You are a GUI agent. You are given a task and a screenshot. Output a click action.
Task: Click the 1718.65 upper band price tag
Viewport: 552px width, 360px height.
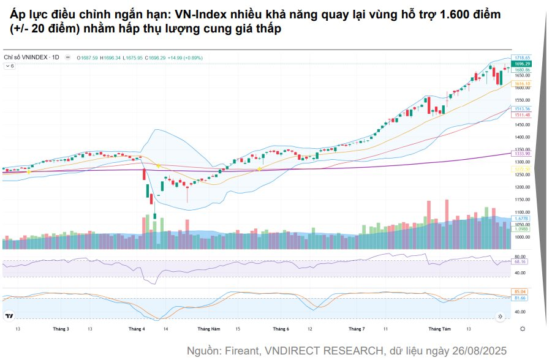coord(522,58)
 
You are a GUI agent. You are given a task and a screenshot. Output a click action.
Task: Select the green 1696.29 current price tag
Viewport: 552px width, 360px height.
coord(522,64)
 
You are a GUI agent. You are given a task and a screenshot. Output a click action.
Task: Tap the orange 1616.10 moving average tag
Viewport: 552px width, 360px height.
coord(522,83)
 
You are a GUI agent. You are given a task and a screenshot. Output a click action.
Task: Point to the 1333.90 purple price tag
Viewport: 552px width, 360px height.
coord(522,154)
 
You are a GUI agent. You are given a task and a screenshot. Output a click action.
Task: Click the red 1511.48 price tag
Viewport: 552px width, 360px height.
coord(522,114)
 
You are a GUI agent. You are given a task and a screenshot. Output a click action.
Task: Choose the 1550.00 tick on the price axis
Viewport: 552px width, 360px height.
coord(522,100)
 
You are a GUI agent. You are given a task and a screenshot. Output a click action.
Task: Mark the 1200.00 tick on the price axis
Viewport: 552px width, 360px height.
coord(522,187)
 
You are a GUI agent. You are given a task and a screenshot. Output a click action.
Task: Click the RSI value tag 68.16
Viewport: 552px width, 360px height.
coord(521,261)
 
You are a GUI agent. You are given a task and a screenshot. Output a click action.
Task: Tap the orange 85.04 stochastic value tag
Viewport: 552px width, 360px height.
coord(521,291)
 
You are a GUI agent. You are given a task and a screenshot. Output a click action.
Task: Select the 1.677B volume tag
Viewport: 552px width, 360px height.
coord(521,219)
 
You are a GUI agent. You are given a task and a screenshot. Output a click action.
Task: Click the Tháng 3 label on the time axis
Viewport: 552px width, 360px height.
coord(61,329)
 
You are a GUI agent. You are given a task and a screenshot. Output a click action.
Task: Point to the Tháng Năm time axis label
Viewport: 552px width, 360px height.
coord(208,329)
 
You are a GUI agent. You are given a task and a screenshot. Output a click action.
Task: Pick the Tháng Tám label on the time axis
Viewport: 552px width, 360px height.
coord(439,329)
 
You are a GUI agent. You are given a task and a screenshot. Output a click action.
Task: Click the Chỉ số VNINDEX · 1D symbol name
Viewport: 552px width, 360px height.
coord(31,58)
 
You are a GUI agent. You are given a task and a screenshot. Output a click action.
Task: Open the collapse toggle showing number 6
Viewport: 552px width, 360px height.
coord(10,66)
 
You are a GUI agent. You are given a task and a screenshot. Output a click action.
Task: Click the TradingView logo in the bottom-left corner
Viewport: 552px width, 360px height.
coord(9,316)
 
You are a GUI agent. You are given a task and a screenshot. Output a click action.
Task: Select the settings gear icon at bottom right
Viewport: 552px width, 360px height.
coord(522,329)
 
